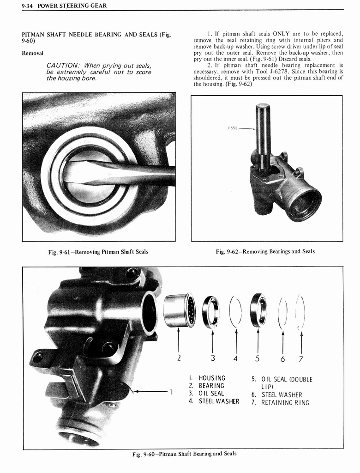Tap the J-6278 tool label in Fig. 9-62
click(233, 128)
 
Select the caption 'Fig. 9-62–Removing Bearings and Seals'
click(265, 251)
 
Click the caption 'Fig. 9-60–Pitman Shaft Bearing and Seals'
click(184, 454)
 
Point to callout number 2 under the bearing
click(179, 357)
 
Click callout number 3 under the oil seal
click(212, 357)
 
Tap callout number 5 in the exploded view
click(258, 357)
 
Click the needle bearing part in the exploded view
click(179, 310)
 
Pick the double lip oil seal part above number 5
click(258, 310)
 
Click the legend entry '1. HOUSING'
click(207, 378)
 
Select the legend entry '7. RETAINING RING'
click(280, 402)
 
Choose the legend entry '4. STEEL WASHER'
click(214, 401)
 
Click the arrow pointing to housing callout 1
click(150, 392)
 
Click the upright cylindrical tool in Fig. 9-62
click(263, 132)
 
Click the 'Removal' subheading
click(33, 53)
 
